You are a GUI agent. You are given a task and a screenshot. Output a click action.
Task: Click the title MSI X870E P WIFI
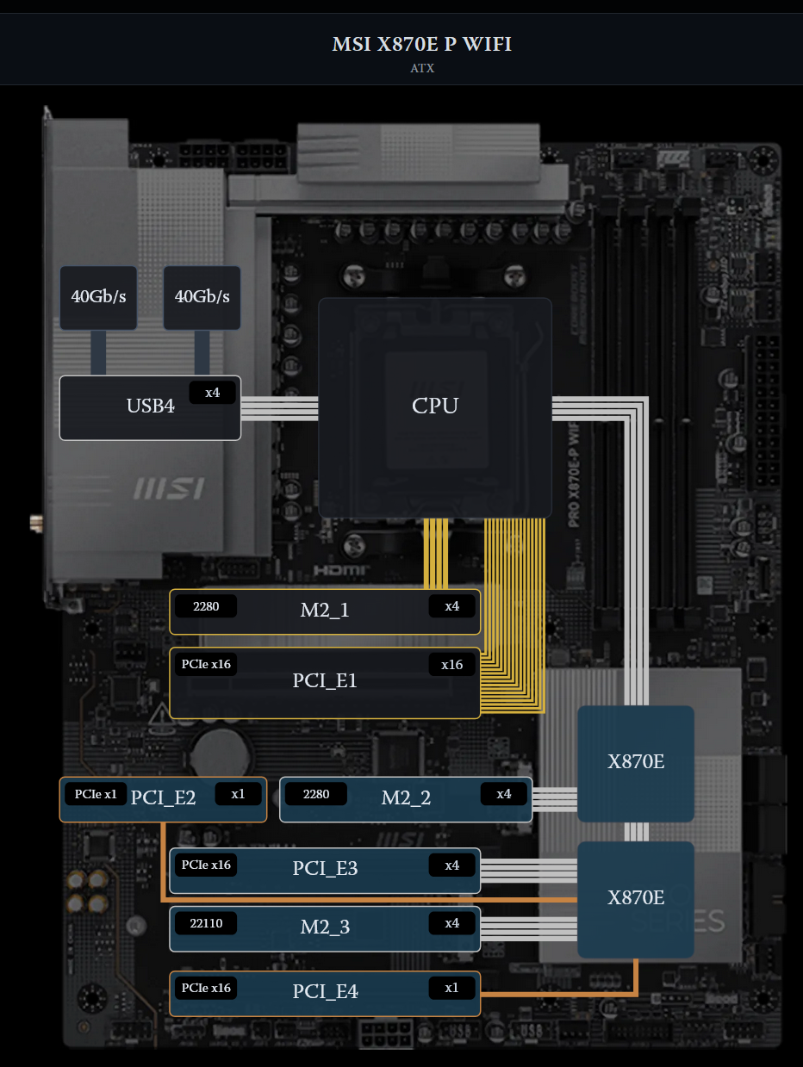[x=422, y=44]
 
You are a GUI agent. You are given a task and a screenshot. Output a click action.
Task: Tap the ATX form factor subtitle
[x=422, y=68]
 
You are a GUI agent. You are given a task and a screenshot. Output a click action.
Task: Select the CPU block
[x=435, y=406]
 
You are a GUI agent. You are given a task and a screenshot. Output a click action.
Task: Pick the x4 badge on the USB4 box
[x=212, y=393]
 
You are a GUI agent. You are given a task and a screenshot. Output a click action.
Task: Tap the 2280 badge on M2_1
[x=206, y=606]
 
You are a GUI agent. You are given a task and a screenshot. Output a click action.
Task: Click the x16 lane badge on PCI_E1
[x=451, y=665]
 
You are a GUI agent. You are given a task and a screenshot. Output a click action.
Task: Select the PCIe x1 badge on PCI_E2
[x=95, y=794]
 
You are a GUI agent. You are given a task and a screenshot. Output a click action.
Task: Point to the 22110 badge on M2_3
[x=206, y=923]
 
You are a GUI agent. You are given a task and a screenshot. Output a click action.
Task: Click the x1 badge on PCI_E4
[x=451, y=988]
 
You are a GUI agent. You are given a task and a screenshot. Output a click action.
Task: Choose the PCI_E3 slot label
[x=325, y=868]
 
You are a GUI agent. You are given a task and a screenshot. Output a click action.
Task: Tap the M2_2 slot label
[x=406, y=797]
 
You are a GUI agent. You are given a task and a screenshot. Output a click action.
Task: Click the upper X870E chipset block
[x=636, y=762]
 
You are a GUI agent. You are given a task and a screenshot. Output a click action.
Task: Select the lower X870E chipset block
[x=636, y=898]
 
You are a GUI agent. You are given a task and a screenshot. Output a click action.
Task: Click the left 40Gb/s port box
[x=98, y=297]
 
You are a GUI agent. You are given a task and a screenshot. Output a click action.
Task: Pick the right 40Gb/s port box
[x=202, y=297]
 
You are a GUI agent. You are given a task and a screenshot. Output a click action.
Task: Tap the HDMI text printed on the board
[x=340, y=570]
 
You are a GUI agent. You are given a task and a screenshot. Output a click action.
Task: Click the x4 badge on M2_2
[x=503, y=794]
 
